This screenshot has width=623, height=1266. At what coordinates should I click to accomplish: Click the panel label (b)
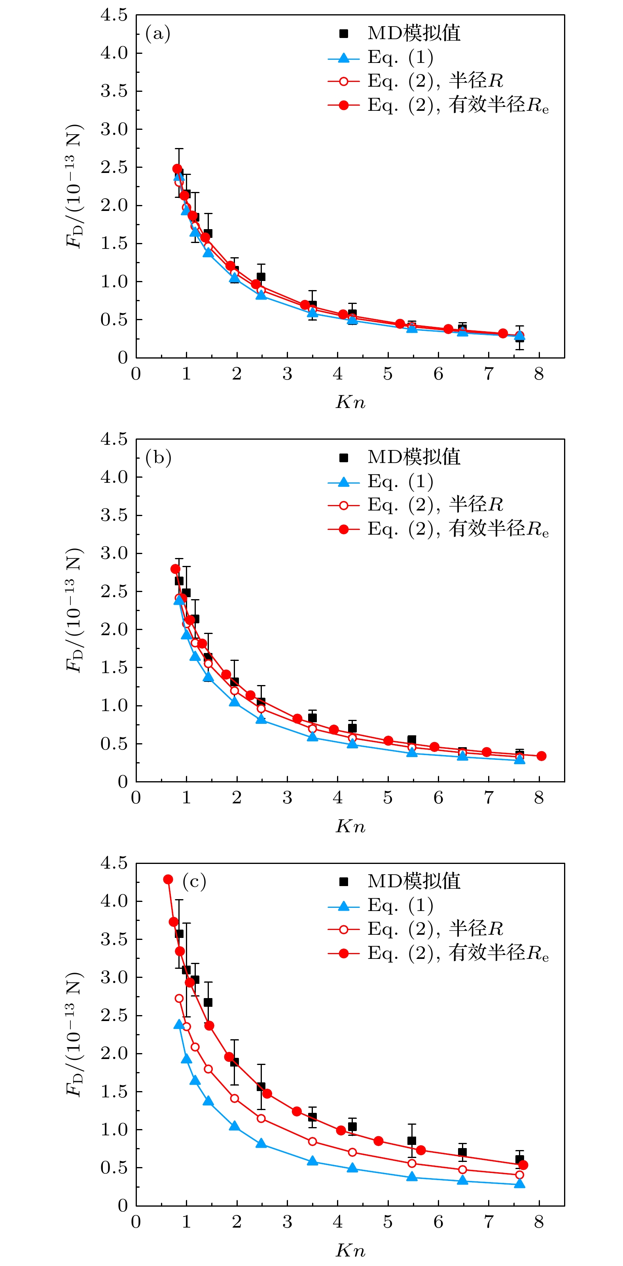point(158,457)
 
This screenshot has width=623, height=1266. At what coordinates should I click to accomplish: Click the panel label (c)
point(194,881)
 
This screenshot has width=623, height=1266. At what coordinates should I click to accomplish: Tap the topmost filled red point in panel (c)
point(168,879)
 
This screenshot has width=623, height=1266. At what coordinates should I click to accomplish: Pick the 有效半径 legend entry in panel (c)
point(498,953)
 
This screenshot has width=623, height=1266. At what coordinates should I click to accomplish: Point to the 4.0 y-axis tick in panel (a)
point(114,53)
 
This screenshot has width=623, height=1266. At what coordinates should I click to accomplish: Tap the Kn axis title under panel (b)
point(350,826)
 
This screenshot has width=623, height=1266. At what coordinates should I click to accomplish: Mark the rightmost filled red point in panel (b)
point(541,756)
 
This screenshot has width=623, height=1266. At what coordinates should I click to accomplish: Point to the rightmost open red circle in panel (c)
point(519,1175)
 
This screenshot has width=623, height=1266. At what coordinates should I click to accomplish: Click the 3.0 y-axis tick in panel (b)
point(114,553)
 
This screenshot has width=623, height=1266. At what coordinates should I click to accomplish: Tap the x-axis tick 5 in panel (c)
point(388,1222)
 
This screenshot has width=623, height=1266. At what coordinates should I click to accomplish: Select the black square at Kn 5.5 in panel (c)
point(412,1141)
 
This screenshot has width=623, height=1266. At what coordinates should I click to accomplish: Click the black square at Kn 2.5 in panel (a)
point(261,277)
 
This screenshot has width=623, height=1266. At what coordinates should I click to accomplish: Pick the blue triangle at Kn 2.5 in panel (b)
point(261,719)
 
